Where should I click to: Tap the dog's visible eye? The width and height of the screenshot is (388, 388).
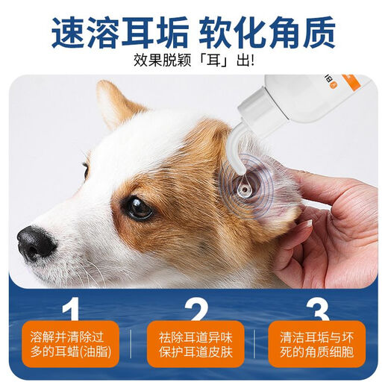pos(139,207)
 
